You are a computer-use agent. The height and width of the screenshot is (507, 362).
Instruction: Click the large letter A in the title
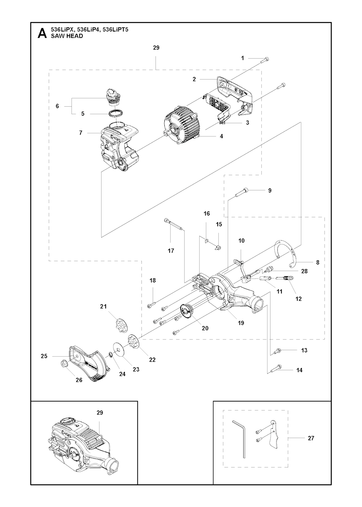[42, 33]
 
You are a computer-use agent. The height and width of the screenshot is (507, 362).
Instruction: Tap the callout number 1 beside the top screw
[243, 58]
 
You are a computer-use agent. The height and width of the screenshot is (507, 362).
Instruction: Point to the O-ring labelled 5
[116, 113]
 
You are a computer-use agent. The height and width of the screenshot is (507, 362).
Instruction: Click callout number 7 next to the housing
[81, 133]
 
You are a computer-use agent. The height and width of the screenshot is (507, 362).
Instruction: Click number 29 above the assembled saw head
[100, 413]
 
